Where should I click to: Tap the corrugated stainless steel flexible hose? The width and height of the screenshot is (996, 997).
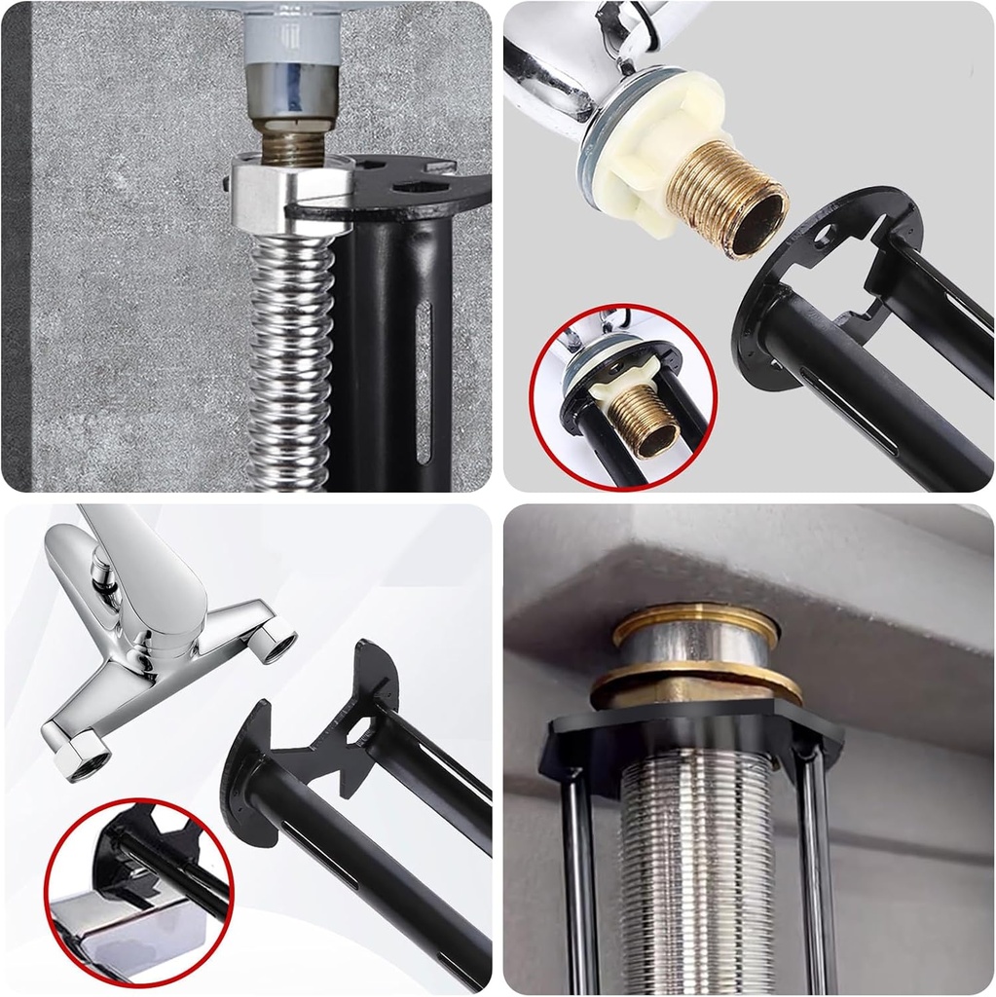pyautogui.click(x=291, y=360)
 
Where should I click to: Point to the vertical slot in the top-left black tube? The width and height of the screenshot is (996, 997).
pyautogui.click(x=424, y=380)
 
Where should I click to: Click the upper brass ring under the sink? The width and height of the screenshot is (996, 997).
pyautogui.click(x=696, y=623)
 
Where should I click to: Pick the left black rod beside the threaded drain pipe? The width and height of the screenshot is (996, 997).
pyautogui.click(x=578, y=876)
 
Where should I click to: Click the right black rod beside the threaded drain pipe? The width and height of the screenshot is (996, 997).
pyautogui.click(x=816, y=876)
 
